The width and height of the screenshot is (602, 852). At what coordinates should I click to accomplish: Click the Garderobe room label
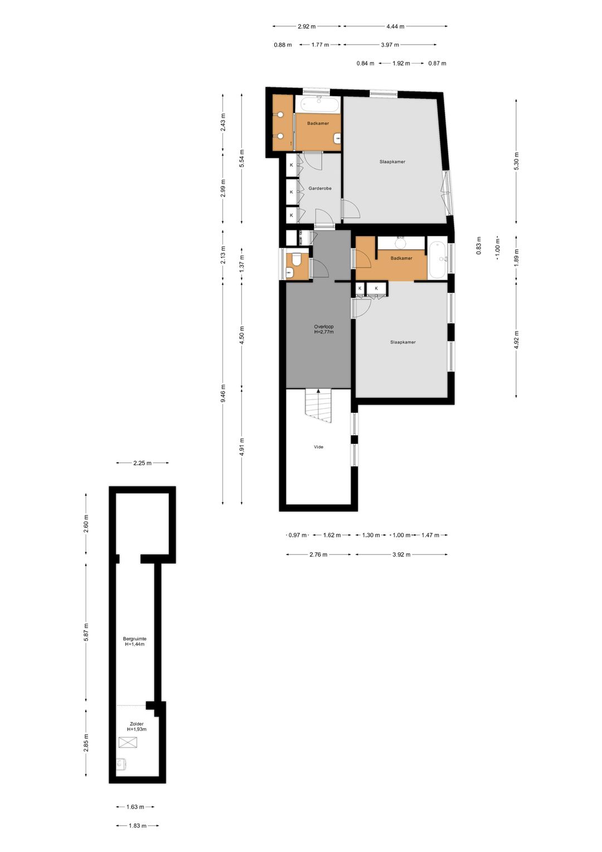tap(320, 189)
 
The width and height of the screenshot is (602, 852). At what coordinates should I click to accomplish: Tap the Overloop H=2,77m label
tap(324, 329)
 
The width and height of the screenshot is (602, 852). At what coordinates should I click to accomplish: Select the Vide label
tap(318, 447)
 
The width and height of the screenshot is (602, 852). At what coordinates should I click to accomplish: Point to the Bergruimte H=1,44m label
tap(134, 642)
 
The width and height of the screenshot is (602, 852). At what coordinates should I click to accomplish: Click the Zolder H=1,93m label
tap(137, 726)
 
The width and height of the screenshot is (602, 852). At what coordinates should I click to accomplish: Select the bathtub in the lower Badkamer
tap(438, 259)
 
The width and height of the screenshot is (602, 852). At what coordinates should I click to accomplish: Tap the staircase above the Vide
tap(318, 406)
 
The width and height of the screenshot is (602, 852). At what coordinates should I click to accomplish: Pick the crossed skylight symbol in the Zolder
tap(128, 742)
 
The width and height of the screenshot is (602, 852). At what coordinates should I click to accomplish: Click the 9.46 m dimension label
tap(223, 393)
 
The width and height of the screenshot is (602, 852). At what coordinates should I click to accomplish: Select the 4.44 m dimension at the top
tap(395, 26)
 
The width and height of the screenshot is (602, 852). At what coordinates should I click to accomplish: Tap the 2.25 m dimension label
tap(142, 463)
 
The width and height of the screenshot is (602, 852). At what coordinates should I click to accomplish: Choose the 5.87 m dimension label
tap(86, 632)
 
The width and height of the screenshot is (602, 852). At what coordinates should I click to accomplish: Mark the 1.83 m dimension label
tap(137, 826)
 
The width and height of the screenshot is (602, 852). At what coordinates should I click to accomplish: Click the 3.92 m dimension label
tap(401, 555)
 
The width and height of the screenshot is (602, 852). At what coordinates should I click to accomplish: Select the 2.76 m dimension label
tap(318, 555)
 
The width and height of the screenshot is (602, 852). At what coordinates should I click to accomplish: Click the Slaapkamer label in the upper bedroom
tap(392, 162)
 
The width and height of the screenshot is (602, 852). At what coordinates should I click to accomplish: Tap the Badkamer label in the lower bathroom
tap(401, 258)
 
